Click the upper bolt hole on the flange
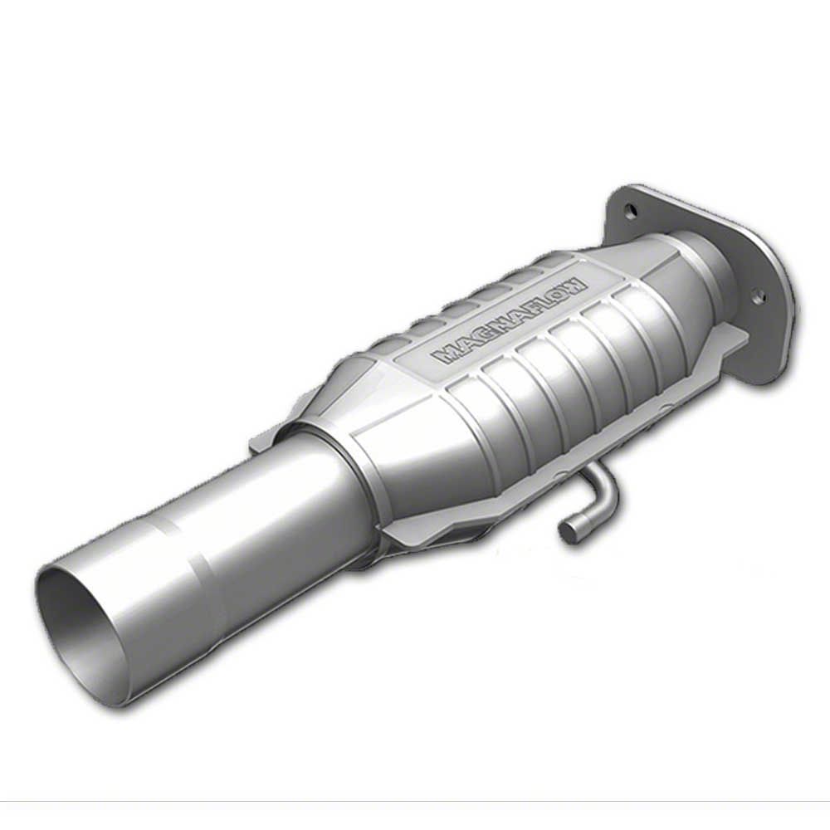pos(630,210)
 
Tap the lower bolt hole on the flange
pos(759,295)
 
